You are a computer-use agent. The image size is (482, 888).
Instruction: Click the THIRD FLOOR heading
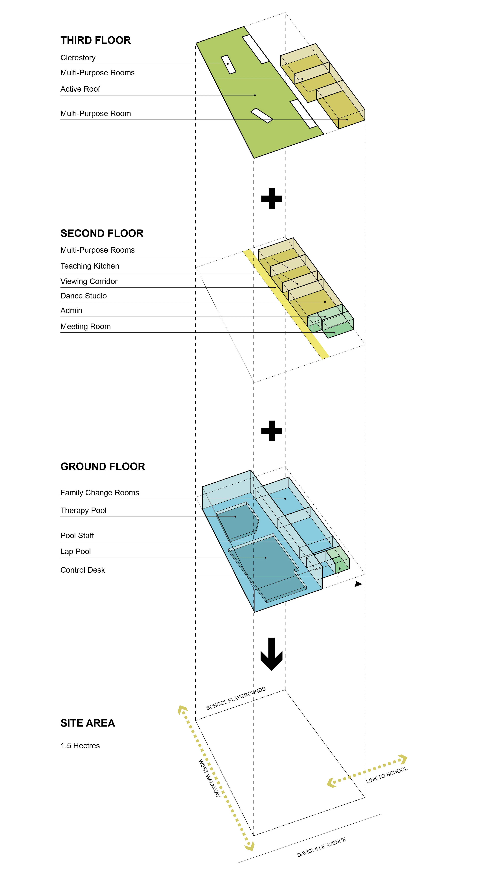pyautogui.click(x=95, y=40)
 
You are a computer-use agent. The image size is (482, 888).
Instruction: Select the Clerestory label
pyautogui.click(x=78, y=58)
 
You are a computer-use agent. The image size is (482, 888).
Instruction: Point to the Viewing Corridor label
pyautogui.click(x=89, y=281)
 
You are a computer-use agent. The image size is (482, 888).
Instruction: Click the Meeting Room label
pyautogui.click(x=85, y=326)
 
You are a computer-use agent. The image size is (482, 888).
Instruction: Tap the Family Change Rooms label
pyautogui.click(x=100, y=493)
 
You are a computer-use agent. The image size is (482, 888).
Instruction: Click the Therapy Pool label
pyautogui.click(x=83, y=511)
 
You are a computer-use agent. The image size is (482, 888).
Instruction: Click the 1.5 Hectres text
pyautogui.click(x=80, y=746)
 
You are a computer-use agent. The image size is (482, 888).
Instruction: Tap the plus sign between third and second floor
pyautogui.click(x=272, y=199)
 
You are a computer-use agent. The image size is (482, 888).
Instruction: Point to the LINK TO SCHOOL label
pyautogui.click(x=387, y=775)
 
